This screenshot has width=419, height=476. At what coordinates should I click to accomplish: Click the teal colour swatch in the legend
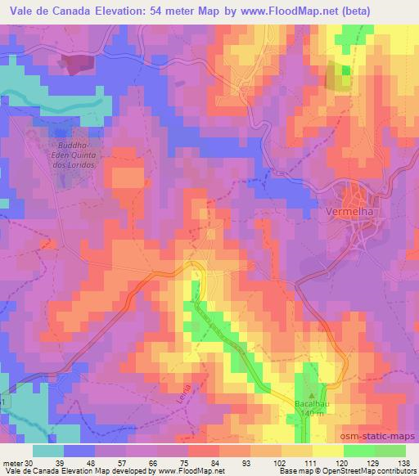50,451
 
